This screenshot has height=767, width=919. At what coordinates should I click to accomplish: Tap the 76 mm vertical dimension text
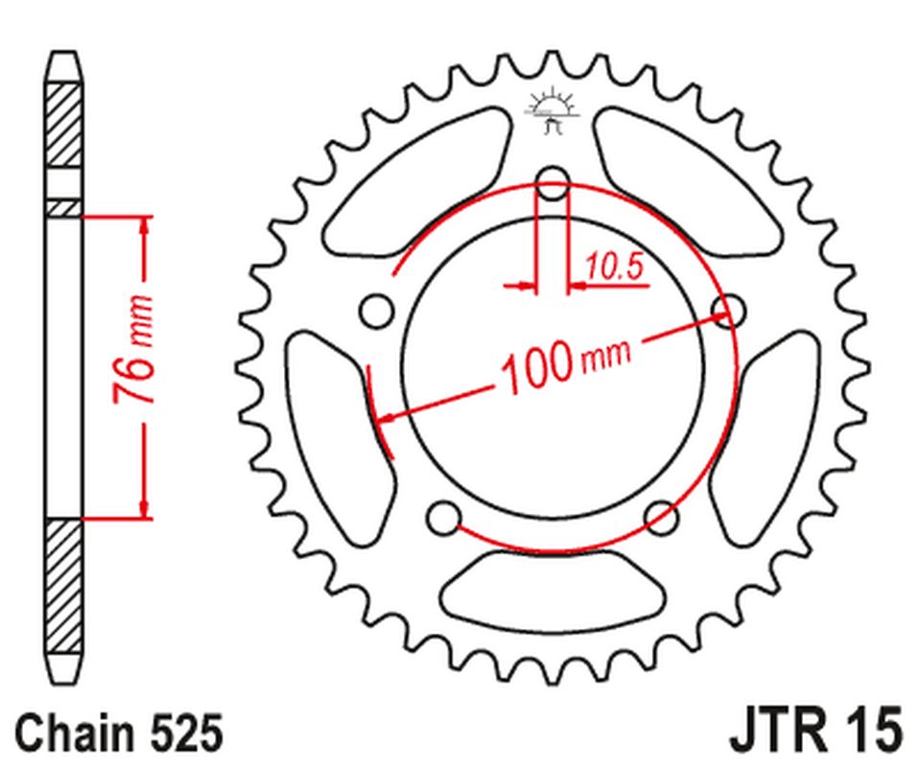[132, 350]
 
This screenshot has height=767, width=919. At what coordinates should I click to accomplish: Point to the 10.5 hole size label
[614, 268]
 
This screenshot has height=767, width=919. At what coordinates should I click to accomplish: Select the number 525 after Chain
[187, 733]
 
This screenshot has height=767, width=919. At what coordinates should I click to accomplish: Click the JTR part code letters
[777, 733]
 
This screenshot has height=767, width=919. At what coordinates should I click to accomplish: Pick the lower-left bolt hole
[442, 519]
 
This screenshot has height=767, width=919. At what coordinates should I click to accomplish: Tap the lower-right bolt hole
[661, 519]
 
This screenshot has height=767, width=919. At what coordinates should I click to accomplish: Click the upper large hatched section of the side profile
[64, 125]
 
